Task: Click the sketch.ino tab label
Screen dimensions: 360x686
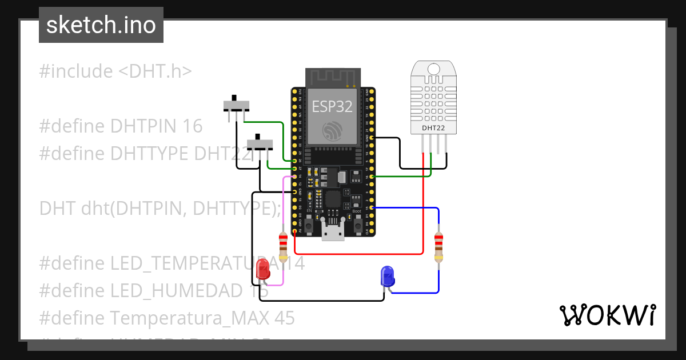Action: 101,26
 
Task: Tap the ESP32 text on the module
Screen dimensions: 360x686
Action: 332,106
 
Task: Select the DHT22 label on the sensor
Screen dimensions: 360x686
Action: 433,128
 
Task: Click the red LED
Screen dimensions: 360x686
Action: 263,270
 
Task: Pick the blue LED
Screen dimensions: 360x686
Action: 388,277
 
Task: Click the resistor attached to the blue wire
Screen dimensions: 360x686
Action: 438,246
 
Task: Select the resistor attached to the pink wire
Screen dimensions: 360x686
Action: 282,246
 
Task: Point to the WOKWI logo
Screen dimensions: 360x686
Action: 607,315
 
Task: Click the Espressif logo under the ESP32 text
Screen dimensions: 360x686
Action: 332,131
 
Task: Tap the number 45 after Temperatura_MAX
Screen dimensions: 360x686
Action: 284,318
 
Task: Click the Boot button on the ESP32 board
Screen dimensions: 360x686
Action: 357,225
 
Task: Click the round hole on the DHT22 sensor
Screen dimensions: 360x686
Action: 433,70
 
